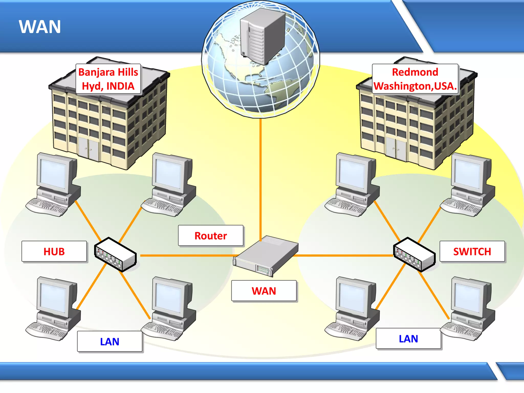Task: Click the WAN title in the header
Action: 40,27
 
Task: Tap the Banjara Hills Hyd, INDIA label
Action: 108,79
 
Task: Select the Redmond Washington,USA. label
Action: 415,79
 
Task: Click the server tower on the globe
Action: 262,36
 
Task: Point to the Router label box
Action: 211,236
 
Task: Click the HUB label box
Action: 54,252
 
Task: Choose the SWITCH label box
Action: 472,252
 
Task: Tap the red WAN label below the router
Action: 264,291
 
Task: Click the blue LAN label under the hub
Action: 110,342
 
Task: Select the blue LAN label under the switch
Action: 408,339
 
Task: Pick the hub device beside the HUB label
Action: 115,255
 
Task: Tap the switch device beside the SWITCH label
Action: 414,255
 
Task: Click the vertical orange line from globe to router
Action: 260,179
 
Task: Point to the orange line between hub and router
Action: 187,255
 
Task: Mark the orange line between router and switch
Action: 343,255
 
